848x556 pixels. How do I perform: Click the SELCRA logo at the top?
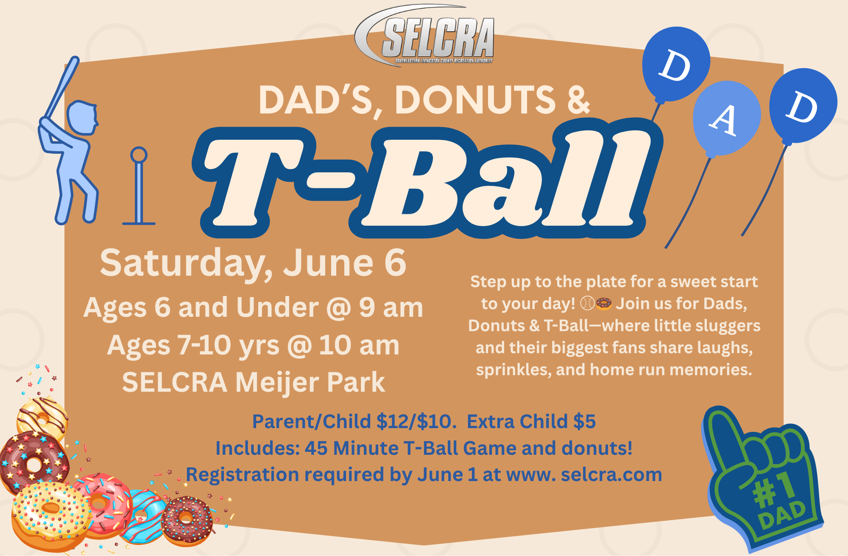pos(424,36)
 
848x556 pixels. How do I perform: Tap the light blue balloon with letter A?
pos(726,119)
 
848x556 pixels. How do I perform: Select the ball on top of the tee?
pos(139,155)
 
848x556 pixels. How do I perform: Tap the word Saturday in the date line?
pos(187,264)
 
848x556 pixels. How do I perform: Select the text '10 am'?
pos(359,345)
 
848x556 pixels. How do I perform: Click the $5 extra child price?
pos(584,421)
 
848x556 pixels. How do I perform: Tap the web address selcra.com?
pos(611,475)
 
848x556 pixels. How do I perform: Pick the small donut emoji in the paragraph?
pos(604,304)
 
